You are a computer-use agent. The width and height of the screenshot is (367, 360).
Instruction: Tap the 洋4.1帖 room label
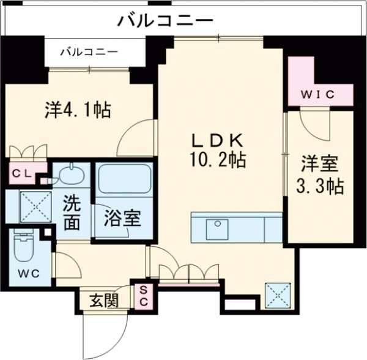(78, 110)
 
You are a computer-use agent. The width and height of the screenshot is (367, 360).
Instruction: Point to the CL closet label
(23, 173)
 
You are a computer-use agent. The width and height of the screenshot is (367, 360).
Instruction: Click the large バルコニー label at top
(165, 20)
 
